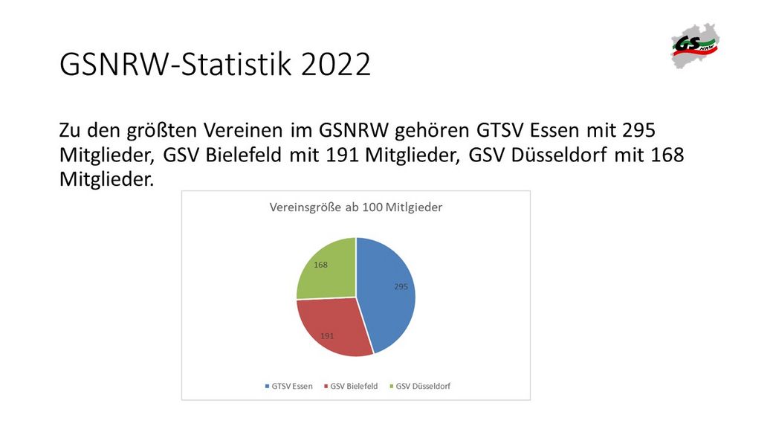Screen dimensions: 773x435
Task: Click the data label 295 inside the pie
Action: pyautogui.click(x=401, y=286)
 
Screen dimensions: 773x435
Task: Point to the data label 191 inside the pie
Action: pyautogui.click(x=327, y=336)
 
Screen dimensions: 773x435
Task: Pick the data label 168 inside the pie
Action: pyautogui.click(x=320, y=265)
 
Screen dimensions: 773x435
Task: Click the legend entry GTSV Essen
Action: pyautogui.click(x=289, y=386)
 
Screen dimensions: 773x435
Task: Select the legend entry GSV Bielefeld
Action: pyautogui.click(x=351, y=386)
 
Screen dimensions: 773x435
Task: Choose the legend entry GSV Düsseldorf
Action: pyautogui.click(x=420, y=386)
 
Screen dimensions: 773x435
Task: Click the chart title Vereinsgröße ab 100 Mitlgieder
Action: pyautogui.click(x=356, y=207)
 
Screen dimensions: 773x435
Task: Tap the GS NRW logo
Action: pyautogui.click(x=695, y=45)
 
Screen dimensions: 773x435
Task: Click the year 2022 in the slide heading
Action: pyautogui.click(x=336, y=64)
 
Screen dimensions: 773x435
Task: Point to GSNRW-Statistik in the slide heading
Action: pyautogui.click(x=176, y=64)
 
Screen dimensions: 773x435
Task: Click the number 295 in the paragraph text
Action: pyautogui.click(x=639, y=130)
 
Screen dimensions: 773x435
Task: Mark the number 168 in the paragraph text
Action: pyautogui.click(x=667, y=155)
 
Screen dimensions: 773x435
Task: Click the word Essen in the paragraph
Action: pyautogui.click(x=554, y=130)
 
